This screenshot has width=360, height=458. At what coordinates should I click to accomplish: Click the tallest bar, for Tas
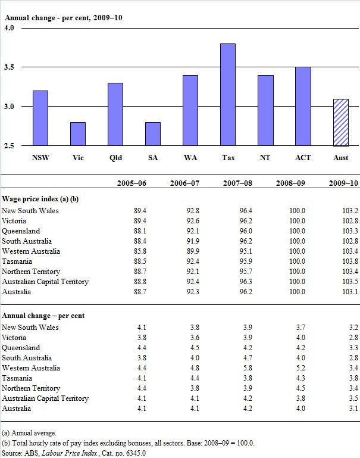coord(228,94)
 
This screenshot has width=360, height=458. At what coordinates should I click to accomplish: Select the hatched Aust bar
coord(340,122)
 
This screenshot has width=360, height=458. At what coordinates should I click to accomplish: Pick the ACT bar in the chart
coord(303,106)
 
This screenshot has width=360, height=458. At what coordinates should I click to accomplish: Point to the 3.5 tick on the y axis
coord(9,67)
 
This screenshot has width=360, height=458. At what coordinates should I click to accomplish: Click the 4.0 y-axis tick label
coord(9,29)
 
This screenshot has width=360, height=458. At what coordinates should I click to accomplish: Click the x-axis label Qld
coord(115,159)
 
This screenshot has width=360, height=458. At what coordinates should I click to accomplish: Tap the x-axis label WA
coord(190,159)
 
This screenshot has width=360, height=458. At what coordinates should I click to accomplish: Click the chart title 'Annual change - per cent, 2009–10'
coord(64,18)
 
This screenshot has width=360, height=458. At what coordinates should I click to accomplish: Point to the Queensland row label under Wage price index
coord(21,230)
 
